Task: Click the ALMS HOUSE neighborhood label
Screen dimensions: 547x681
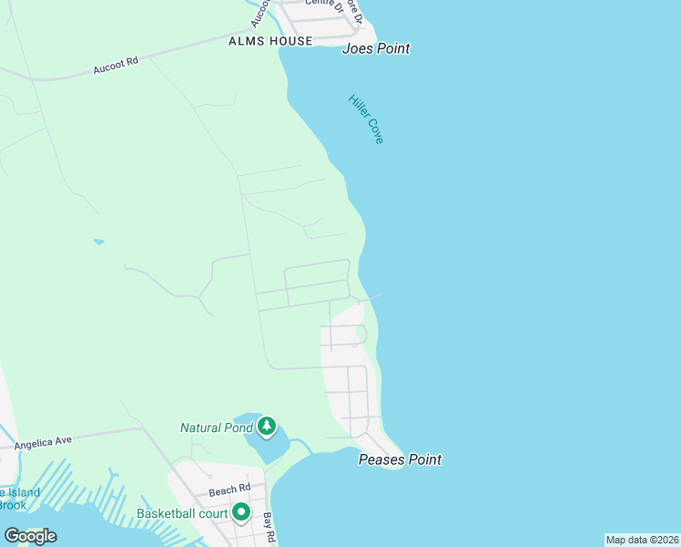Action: coord(270,41)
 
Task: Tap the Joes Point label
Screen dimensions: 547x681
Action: coord(375,48)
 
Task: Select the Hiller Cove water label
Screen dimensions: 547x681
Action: coord(366,119)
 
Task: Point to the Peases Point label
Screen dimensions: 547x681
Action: coord(400,459)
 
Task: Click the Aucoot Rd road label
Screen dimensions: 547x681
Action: coord(116,66)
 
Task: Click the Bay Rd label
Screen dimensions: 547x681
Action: coord(269,527)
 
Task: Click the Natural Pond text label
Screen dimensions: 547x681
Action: coord(216,428)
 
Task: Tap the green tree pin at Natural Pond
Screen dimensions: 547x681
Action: coord(267,426)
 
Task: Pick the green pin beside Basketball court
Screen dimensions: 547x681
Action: coord(241,512)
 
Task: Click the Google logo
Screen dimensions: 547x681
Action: coord(30,536)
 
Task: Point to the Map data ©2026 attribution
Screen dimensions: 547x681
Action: coord(642,540)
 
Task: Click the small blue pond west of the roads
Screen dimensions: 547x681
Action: coord(98,242)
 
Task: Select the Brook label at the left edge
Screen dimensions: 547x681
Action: coord(12,505)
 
